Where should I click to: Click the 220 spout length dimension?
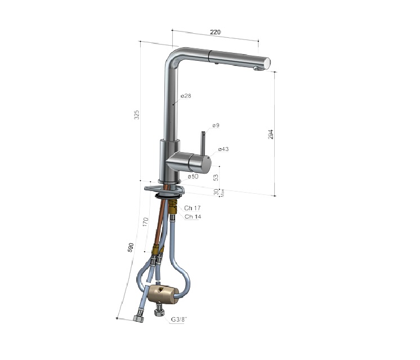pos(215,32)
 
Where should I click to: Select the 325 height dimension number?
pos(137,114)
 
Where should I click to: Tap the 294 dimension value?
pos(271,134)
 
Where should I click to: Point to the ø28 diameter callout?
pos(186,96)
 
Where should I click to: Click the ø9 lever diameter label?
pos(216,125)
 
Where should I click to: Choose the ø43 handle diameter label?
pos(224,149)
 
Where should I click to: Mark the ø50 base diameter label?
pos(193,176)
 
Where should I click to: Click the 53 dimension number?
pos(216,177)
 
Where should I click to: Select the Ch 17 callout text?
pos(193,208)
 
